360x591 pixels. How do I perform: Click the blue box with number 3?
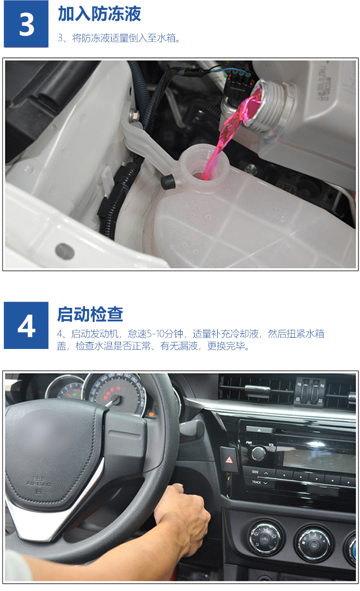point(26,24)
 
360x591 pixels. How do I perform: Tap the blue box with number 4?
point(26,325)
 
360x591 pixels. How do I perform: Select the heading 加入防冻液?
point(100,14)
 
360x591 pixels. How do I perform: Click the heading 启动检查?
point(90,314)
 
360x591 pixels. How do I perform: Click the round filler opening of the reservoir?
point(204,166)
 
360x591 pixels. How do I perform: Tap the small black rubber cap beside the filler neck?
point(168,182)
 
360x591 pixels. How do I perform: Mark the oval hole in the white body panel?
point(64,251)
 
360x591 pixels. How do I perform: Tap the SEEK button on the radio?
point(260,472)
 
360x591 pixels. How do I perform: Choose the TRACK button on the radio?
point(260,482)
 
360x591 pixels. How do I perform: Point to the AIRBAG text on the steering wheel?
point(39,482)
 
